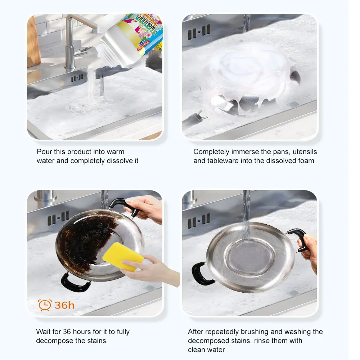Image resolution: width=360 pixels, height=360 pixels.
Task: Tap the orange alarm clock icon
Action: pos(45,305)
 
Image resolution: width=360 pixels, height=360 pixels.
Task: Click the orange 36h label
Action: pos(64,305)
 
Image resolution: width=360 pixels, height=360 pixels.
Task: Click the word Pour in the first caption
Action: pos(44,152)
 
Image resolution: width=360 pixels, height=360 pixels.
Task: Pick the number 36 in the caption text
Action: pos(67,332)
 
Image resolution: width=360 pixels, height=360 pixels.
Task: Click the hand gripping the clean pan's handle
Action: pos(310,248)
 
